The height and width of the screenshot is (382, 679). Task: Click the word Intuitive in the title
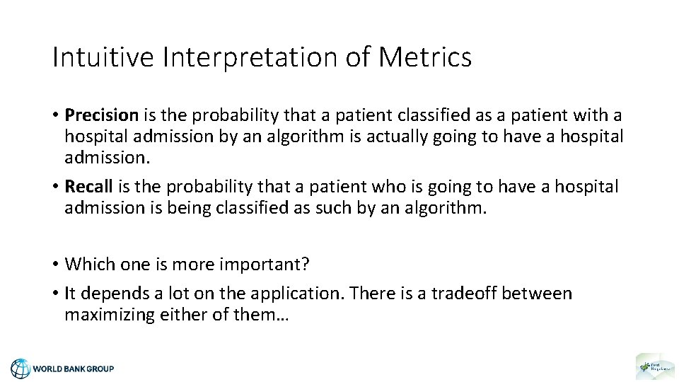pyautogui.click(x=103, y=57)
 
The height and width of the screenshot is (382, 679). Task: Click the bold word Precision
pyautogui.click(x=101, y=115)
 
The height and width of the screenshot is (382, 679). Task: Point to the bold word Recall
pyautogui.click(x=88, y=187)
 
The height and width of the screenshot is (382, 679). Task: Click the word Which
pyautogui.click(x=86, y=264)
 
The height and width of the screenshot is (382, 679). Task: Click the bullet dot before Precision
pyautogui.click(x=56, y=115)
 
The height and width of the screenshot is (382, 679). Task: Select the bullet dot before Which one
pyautogui.click(x=56, y=265)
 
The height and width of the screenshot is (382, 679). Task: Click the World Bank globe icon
pyautogui.click(x=21, y=368)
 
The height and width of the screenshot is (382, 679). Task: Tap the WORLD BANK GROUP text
pyautogui.click(x=74, y=369)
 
